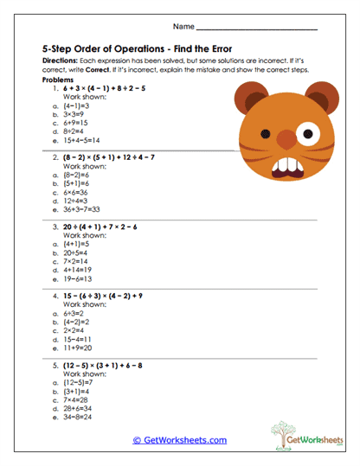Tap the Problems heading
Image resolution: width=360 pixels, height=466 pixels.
[58, 80]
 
